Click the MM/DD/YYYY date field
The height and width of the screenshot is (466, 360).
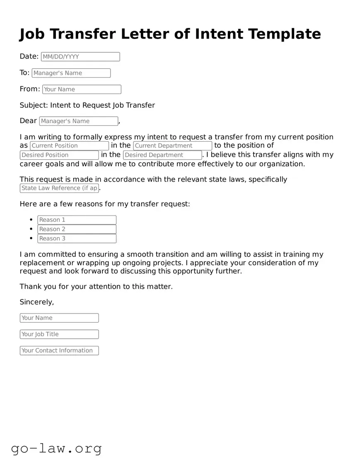point(80,57)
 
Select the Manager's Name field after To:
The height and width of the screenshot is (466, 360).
point(71,73)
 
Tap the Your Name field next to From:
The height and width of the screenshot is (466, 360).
point(82,89)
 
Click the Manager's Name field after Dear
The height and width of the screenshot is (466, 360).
point(79,121)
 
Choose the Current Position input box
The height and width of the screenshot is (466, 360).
point(69,146)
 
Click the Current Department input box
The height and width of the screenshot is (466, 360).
point(173,146)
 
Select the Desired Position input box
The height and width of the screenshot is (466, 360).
point(59,155)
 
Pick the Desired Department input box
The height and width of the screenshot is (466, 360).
point(162,155)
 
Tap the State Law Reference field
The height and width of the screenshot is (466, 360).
point(59,188)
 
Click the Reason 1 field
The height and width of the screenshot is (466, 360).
point(77,220)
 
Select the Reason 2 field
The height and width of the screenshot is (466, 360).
point(77,229)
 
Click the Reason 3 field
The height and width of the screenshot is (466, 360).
point(77,238)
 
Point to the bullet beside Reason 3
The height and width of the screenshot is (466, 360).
point(31,238)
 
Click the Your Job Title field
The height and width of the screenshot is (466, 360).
point(59,334)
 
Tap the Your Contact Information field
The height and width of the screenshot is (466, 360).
point(59,350)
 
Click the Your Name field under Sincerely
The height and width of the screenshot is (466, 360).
point(59,318)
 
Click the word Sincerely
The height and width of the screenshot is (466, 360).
point(36,302)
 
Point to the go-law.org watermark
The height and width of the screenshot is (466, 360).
point(56,448)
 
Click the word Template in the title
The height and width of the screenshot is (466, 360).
point(285,34)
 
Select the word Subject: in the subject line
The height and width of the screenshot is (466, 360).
point(34,105)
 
